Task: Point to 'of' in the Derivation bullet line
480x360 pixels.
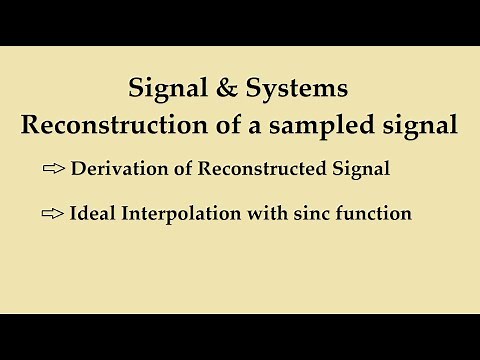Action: coord(204,169)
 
